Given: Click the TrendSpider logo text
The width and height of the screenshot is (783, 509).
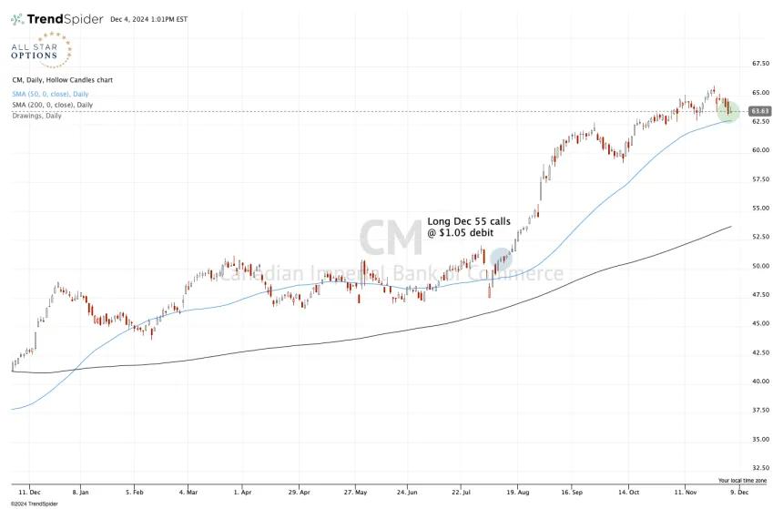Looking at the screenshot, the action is [65, 19].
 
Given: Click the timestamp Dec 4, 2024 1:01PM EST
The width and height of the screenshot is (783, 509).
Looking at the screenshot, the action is [148, 19].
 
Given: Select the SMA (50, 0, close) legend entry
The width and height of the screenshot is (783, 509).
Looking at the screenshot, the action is [50, 94].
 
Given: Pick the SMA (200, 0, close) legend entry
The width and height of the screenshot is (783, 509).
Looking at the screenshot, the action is [53, 105].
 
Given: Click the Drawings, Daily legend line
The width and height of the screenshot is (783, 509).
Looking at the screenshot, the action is [37, 116].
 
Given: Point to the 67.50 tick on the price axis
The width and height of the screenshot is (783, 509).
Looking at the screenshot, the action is [760, 64].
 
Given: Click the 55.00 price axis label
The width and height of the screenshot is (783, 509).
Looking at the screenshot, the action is [760, 208].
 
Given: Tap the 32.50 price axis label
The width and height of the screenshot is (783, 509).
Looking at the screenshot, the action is [760, 468].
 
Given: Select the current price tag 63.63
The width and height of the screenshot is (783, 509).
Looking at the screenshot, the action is [760, 111].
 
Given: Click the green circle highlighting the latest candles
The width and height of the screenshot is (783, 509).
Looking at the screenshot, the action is [728, 111].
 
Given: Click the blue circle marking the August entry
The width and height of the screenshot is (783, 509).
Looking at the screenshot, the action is [501, 259].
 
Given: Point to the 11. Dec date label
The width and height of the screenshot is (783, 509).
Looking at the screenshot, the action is [29, 492].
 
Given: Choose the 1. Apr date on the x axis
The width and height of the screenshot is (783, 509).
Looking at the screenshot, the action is [243, 492].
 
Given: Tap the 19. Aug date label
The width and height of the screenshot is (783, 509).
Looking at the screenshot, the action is [518, 492].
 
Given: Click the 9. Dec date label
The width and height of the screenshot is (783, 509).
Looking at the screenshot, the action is [739, 492].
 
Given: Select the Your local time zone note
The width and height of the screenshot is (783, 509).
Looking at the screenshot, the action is [743, 481].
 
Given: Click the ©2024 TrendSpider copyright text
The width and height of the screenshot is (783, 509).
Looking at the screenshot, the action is [35, 504].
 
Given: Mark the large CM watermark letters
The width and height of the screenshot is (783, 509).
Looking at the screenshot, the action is [391, 238].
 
